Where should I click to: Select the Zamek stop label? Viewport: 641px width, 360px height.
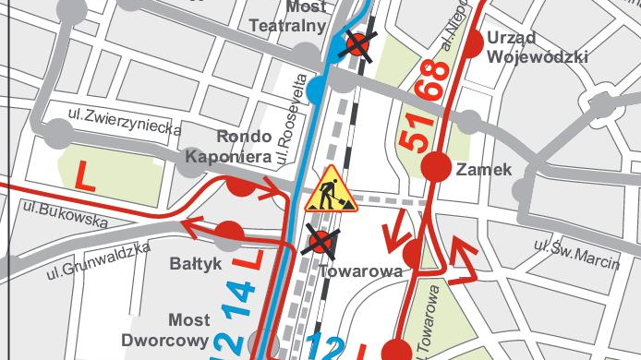click(x=483, y=168)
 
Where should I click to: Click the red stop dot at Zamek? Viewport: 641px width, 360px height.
click(x=435, y=167)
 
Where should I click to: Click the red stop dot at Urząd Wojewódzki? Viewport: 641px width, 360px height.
click(x=472, y=42)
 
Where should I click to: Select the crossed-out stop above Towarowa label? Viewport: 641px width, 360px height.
click(x=320, y=243)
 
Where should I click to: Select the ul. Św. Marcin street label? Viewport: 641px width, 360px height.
click(x=577, y=254)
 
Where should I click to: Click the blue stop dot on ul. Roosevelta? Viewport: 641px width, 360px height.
click(x=317, y=90)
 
